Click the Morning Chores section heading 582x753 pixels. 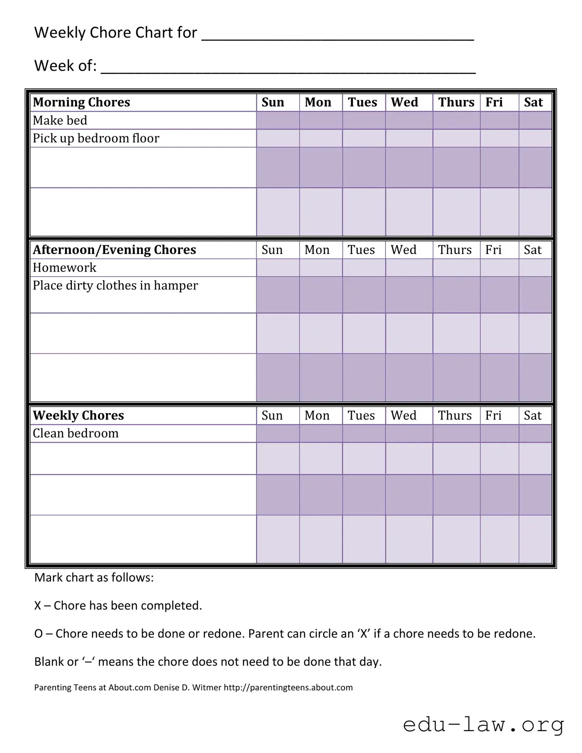[81, 102]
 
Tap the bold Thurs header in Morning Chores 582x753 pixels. [456, 102]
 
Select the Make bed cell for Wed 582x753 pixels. [409, 120]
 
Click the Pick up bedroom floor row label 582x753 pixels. [96, 138]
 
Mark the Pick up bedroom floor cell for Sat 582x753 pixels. [535, 138]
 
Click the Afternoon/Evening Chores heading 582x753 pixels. [114, 250]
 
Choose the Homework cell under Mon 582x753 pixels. [321, 268]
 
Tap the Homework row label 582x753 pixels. [65, 268]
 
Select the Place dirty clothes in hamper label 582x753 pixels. [115, 286]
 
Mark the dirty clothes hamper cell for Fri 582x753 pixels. [499, 295]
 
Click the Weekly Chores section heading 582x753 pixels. [78, 416]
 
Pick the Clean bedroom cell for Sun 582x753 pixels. [278, 433]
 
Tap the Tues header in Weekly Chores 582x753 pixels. [361, 416]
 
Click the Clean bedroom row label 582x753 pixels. [76, 433]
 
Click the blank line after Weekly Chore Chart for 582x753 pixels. [337, 35]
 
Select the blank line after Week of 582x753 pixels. [288, 68]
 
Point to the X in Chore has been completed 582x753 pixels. [37, 606]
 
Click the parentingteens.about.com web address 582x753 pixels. [288, 688]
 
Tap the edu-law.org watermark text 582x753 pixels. [483, 724]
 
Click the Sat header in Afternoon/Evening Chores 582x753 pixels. [532, 250]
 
